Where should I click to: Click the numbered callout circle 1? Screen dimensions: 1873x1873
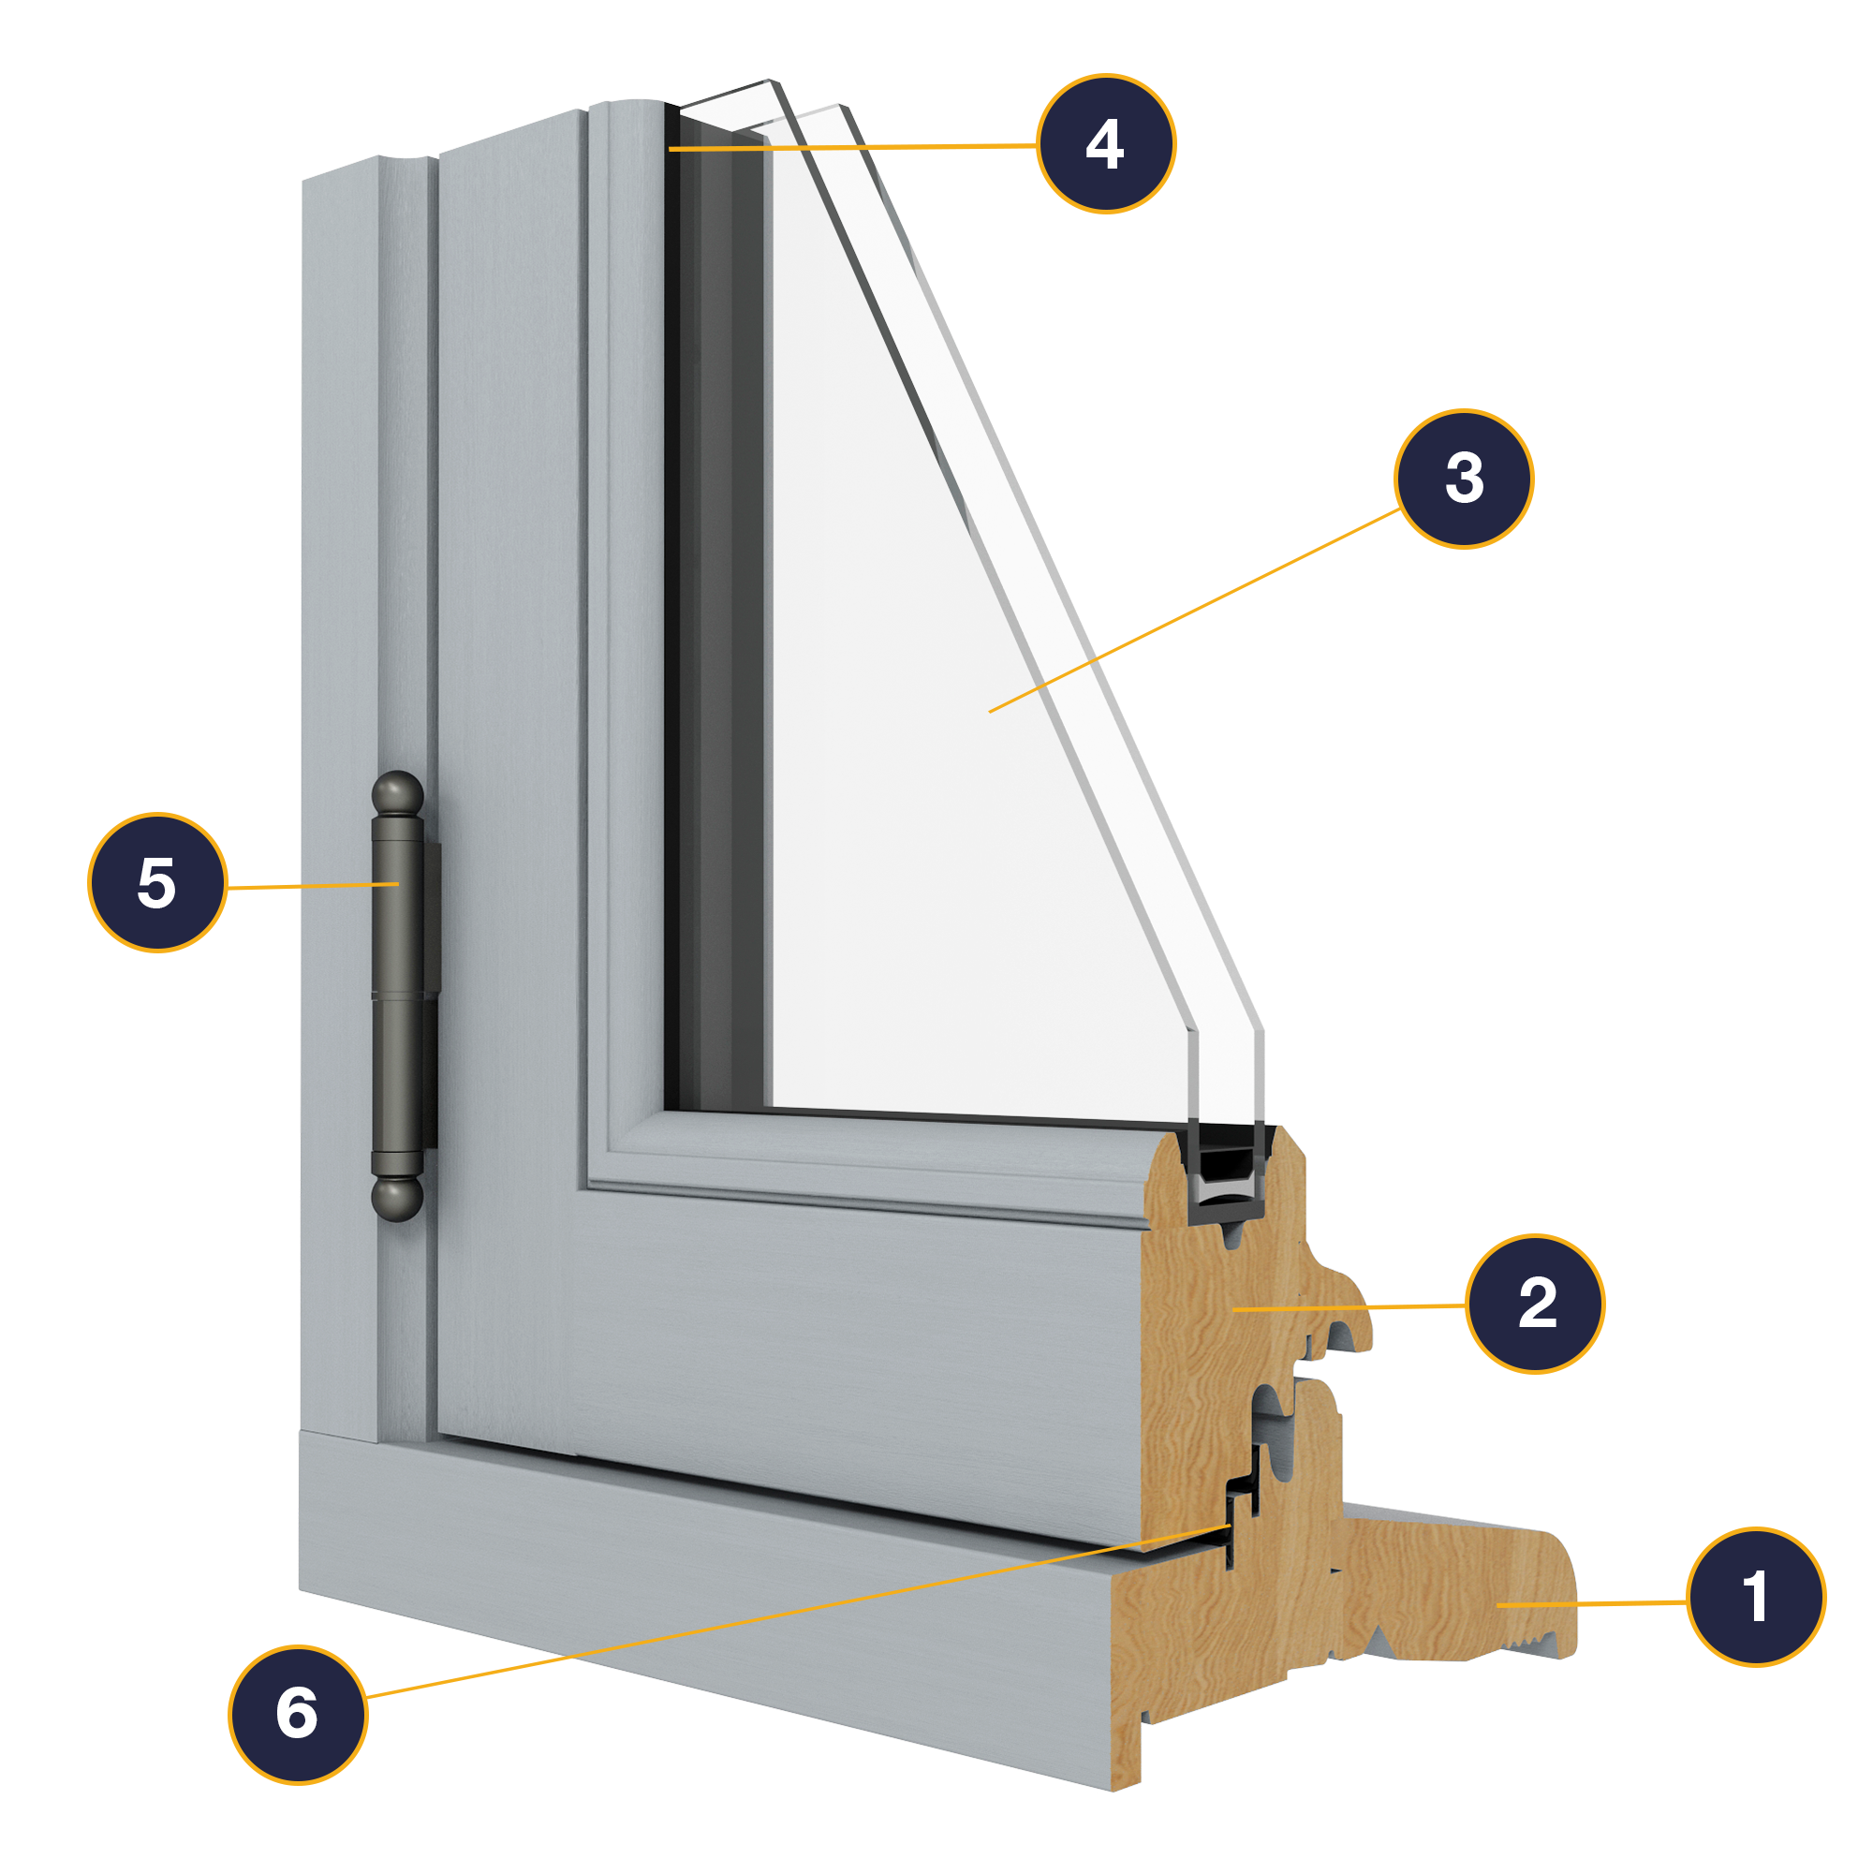[1756, 1597]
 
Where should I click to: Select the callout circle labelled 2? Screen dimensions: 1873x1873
[1536, 1304]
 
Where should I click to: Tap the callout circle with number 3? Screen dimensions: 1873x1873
[1464, 478]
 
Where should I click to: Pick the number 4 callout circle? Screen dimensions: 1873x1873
[1105, 143]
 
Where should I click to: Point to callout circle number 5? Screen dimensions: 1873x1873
[157, 882]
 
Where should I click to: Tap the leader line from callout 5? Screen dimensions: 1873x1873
[310, 886]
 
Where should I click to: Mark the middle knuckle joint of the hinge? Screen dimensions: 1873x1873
[398, 995]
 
